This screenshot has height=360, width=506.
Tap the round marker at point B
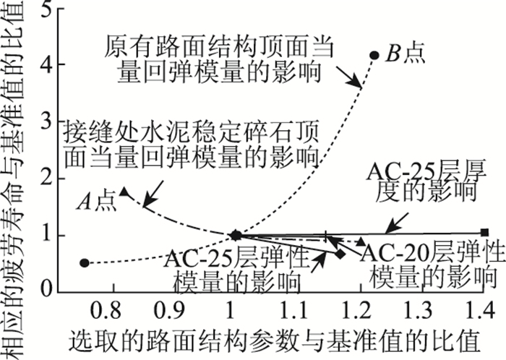pyautogui.click(x=374, y=54)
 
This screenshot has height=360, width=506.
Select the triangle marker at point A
pyautogui.click(x=124, y=192)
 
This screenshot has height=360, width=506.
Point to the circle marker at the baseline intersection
pyautogui.click(x=236, y=235)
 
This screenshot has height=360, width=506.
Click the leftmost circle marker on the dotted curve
pyautogui.click(x=85, y=263)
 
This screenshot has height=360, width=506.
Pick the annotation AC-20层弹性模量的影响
pyautogui.click(x=432, y=264)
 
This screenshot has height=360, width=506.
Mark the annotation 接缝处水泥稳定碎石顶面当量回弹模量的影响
pyautogui.click(x=191, y=145)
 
